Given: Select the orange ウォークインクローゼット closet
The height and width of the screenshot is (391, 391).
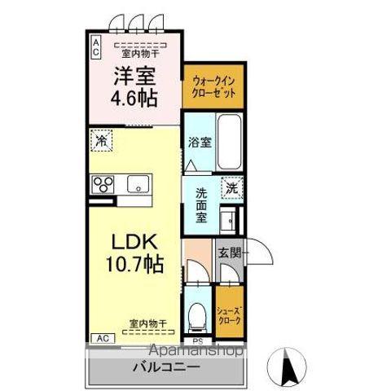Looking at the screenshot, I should [214, 87].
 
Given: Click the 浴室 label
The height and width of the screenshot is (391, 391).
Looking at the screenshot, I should [200, 143].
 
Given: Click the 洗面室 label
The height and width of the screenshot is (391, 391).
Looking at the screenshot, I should [201, 206].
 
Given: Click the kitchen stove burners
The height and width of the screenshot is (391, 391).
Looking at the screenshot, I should [103, 184].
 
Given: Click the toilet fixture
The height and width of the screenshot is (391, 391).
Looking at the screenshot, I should [196, 313].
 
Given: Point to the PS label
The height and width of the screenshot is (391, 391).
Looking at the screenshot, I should [196, 341].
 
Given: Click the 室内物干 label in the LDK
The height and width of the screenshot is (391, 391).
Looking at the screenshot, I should [147, 323].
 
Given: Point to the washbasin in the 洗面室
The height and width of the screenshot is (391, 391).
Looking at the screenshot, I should [230, 220].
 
